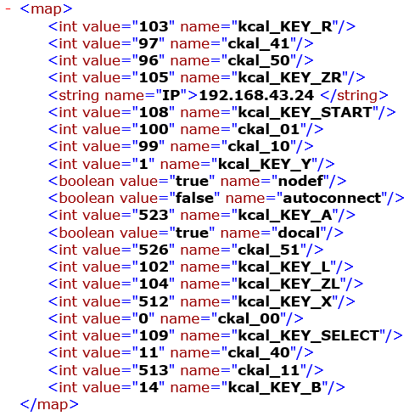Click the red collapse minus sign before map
click(8, 8)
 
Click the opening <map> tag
click(47, 9)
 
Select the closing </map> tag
click(49, 404)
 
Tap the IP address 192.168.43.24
click(256, 96)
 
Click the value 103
click(154, 27)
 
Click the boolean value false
click(194, 199)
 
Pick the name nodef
click(300, 181)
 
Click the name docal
click(299, 233)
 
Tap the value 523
click(154, 216)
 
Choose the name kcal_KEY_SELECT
click(309, 336)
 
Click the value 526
click(154, 250)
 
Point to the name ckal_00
click(249, 318)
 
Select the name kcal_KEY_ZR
click(290, 78)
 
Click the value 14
click(148, 387)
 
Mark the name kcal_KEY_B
click(275, 387)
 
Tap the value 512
click(154, 301)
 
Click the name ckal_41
click(259, 44)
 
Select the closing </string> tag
click(355, 96)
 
